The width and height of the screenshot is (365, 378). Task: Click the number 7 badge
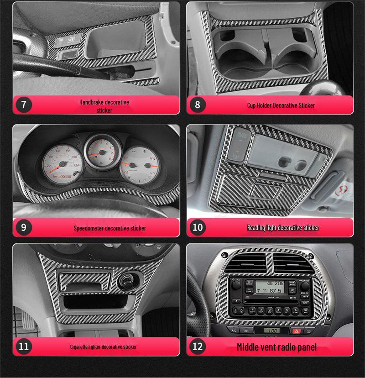tap(24, 105)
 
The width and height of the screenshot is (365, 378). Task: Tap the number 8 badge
tap(197, 105)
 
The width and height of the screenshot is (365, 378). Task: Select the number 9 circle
tap(24, 227)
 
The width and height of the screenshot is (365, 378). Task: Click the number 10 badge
tap(197, 227)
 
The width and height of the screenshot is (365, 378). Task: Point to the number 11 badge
tap(24, 346)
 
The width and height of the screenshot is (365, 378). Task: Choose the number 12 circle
tap(197, 346)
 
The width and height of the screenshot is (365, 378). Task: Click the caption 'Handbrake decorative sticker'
tap(104, 106)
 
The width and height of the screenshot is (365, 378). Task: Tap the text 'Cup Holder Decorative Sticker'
tap(281, 105)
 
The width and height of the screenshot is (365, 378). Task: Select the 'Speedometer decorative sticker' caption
tap(110, 228)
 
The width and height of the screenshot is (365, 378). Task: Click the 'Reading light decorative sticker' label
tap(283, 227)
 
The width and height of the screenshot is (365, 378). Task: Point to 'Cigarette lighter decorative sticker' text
tap(103, 346)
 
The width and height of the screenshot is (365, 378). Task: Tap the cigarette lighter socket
tap(125, 280)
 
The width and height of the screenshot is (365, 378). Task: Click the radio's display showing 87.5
tap(269, 287)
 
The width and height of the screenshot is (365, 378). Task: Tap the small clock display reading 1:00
tap(272, 330)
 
